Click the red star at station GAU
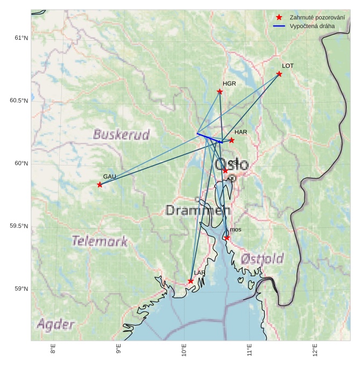click(100, 184)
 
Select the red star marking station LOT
click(279, 74)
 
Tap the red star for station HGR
click(220, 91)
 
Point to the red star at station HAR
click(231, 140)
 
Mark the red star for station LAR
click(191, 281)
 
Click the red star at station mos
click(227, 238)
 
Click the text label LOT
click(288, 66)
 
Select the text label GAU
click(110, 176)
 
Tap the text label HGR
click(229, 84)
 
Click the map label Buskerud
click(121, 134)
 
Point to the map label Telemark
click(100, 241)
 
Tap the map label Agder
click(55, 324)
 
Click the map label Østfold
click(262, 259)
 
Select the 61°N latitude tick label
click(20, 38)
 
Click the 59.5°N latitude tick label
click(19, 226)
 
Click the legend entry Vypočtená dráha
click(312, 26)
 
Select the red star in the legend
click(279, 17)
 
